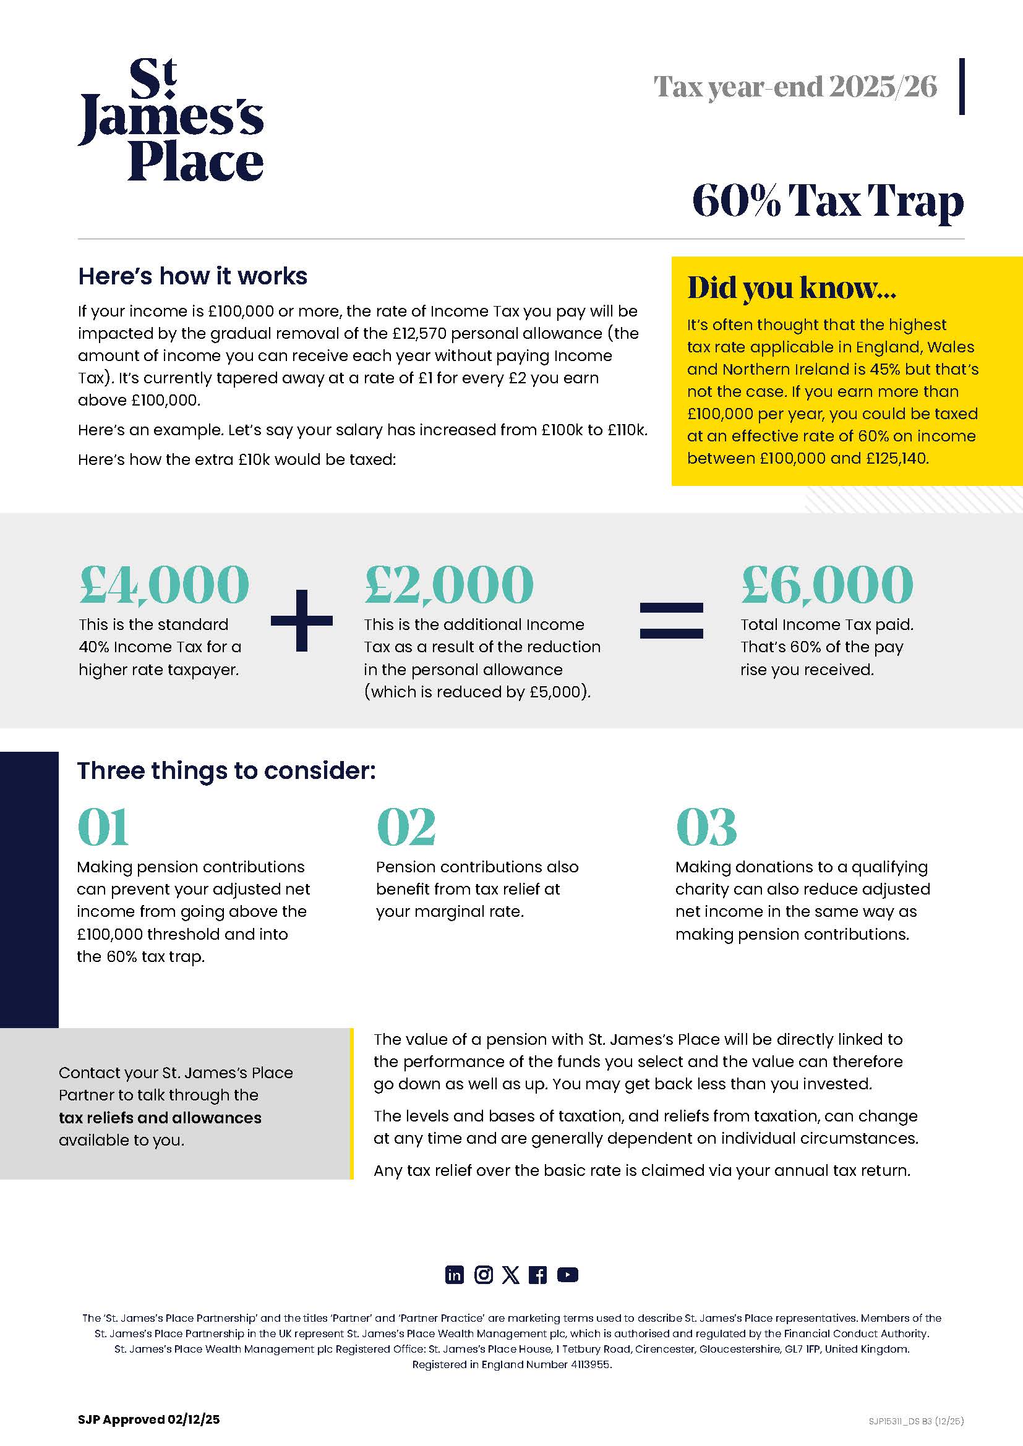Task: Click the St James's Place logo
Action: point(170,120)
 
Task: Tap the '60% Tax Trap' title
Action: point(827,202)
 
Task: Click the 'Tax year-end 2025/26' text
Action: point(795,87)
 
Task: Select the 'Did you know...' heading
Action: point(791,288)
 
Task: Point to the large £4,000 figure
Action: point(165,584)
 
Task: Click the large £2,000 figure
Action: point(449,584)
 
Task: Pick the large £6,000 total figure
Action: point(826,584)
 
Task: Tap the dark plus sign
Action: point(302,620)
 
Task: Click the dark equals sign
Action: point(672,620)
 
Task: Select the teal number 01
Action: point(103,827)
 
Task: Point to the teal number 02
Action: point(406,827)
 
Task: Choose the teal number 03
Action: point(706,827)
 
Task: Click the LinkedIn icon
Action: point(454,1275)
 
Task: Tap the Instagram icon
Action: point(483,1275)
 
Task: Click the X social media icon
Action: point(511,1275)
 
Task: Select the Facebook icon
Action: point(538,1275)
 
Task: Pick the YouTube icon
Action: point(568,1275)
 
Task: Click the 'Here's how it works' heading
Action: point(193,276)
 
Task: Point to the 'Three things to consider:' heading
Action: point(226,771)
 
